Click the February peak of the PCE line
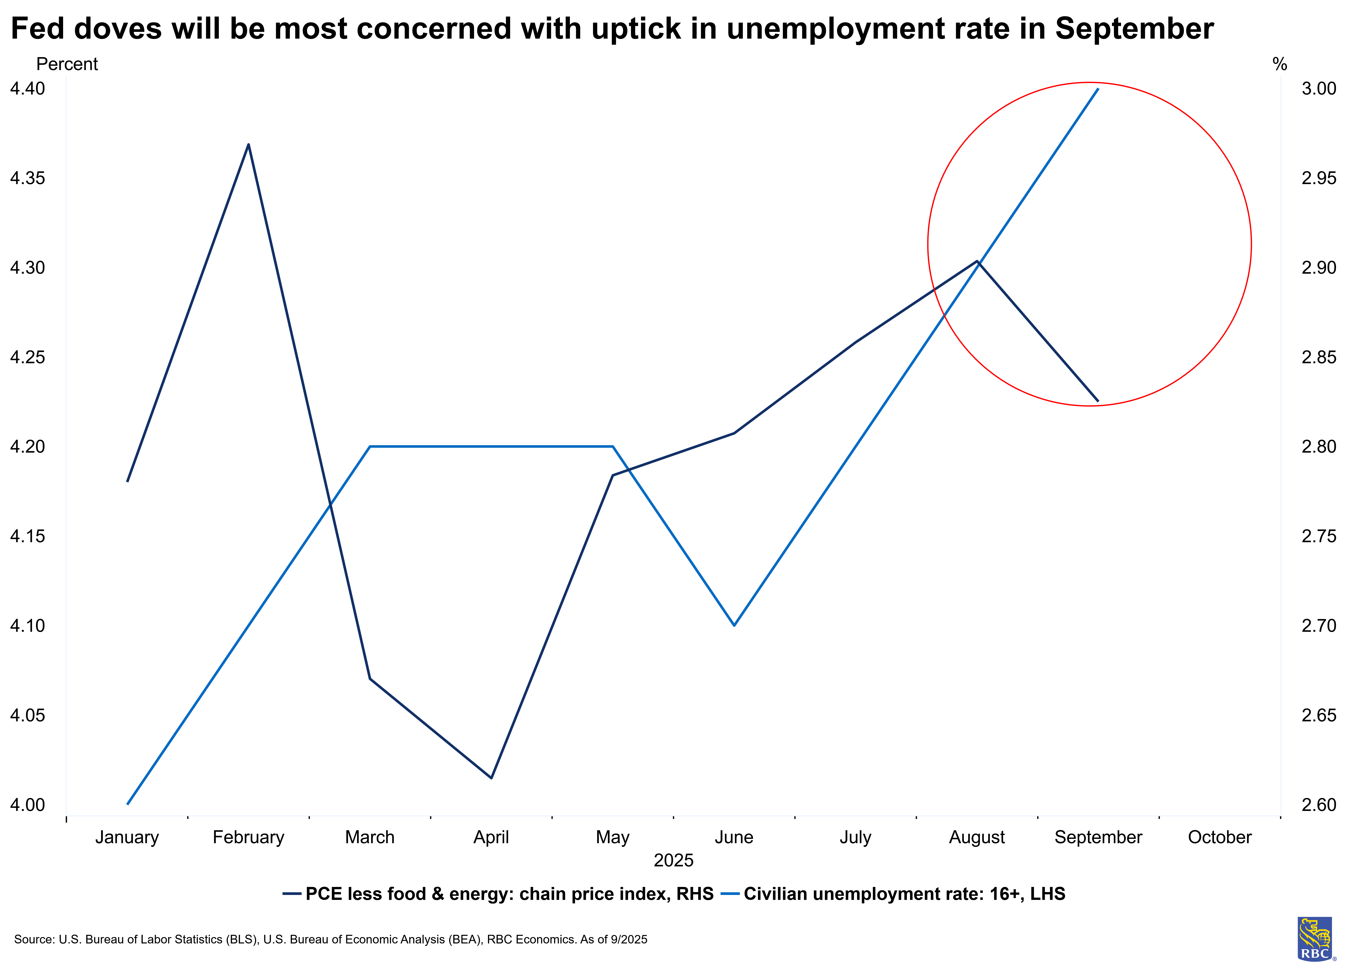(x=248, y=144)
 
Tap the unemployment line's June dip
(x=734, y=625)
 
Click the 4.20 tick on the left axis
(x=27, y=446)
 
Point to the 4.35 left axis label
(x=27, y=178)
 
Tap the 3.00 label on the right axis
(x=1318, y=89)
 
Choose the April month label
(x=491, y=837)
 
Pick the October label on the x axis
(x=1219, y=837)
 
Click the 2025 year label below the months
(x=673, y=860)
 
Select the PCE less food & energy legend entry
(x=509, y=894)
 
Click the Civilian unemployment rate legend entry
(x=904, y=894)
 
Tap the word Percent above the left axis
(x=67, y=64)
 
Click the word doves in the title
(x=118, y=29)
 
